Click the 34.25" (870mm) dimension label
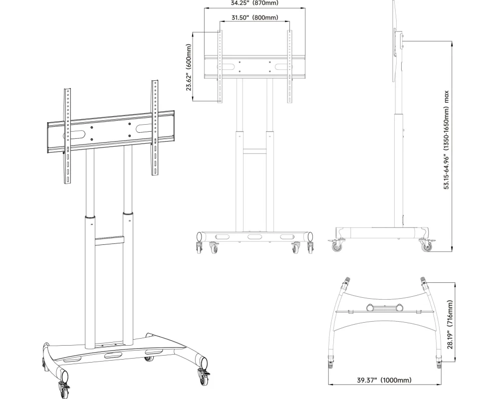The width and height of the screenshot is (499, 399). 254,3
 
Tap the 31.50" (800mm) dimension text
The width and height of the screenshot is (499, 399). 254,17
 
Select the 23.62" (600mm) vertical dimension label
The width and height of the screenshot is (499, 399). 189,67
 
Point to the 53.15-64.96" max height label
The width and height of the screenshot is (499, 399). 447,140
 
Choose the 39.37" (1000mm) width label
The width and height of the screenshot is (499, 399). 384,380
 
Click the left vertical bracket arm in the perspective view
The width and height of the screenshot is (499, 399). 68,136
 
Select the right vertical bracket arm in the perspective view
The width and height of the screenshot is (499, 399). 155,128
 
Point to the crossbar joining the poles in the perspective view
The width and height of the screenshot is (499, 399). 109,241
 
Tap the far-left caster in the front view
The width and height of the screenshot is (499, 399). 199,247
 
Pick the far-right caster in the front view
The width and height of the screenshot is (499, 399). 310,247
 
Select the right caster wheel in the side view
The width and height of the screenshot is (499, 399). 426,245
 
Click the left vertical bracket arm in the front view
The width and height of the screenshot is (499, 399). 220,66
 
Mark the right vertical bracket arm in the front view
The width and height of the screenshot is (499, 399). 289,66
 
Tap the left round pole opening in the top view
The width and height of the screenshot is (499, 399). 370,308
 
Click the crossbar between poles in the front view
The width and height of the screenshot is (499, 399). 254,151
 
